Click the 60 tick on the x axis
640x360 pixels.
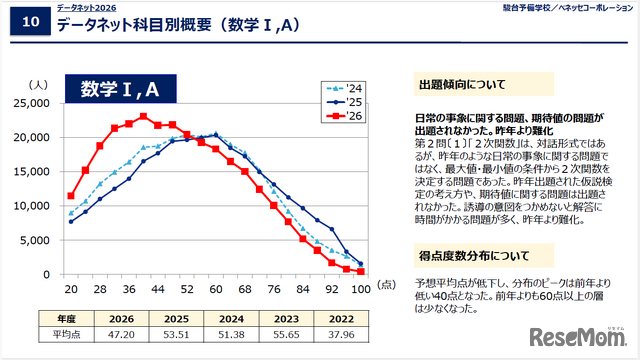point(215,288)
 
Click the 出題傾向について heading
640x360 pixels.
point(461,85)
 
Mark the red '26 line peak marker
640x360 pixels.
point(143,117)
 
